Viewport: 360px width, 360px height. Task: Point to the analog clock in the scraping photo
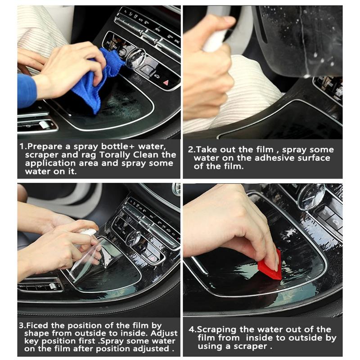point(310,196)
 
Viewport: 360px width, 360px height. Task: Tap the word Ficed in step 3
point(37,325)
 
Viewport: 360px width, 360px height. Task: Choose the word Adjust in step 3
point(164,333)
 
